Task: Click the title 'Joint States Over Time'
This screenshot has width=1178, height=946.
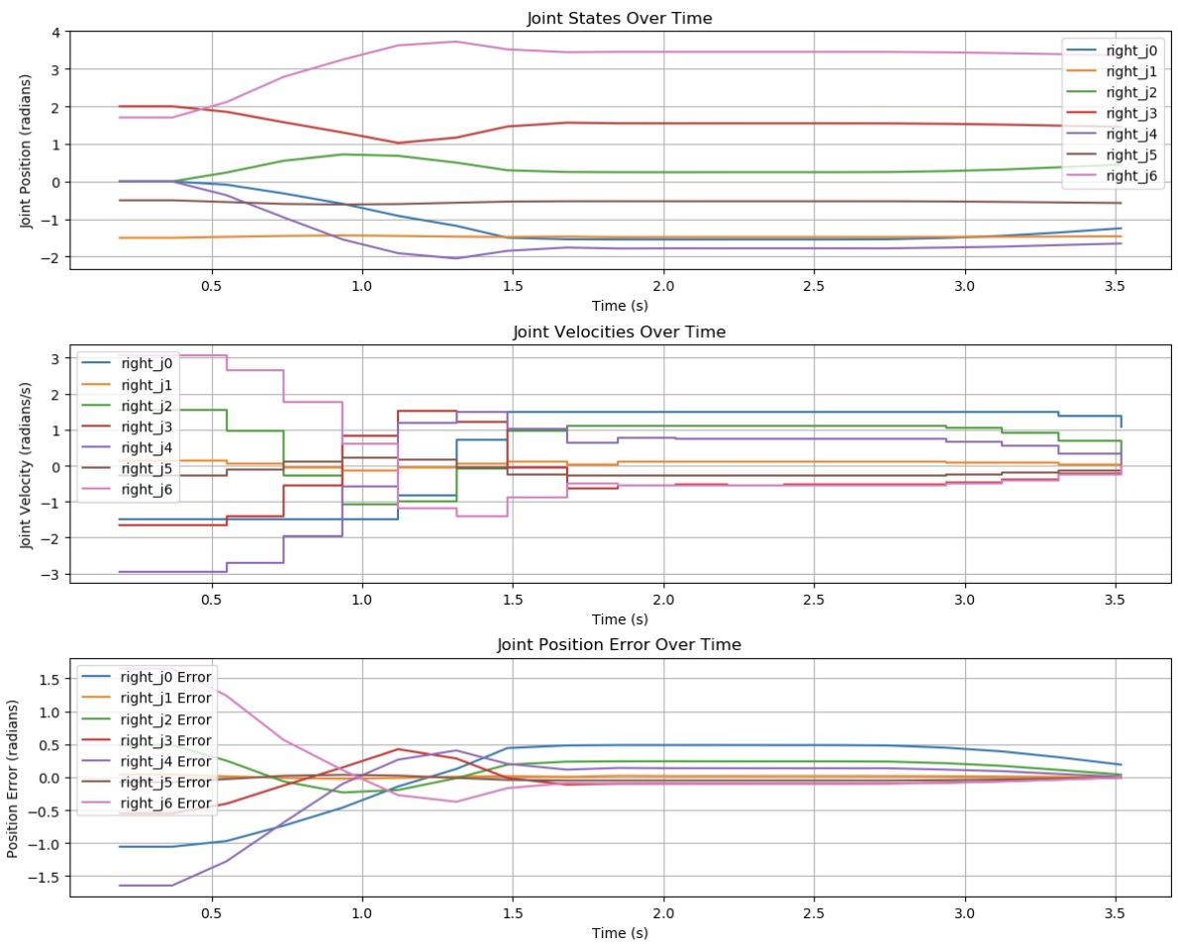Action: coord(619,18)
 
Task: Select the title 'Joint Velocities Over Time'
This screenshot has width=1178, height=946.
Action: coord(619,331)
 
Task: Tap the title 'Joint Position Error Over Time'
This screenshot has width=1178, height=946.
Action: coord(619,644)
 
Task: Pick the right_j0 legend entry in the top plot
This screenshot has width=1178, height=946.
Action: coord(1129,49)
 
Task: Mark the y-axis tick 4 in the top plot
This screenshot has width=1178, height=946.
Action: coord(55,32)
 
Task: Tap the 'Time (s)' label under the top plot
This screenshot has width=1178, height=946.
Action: coord(619,306)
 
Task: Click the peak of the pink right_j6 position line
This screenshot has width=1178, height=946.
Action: coord(454,42)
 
